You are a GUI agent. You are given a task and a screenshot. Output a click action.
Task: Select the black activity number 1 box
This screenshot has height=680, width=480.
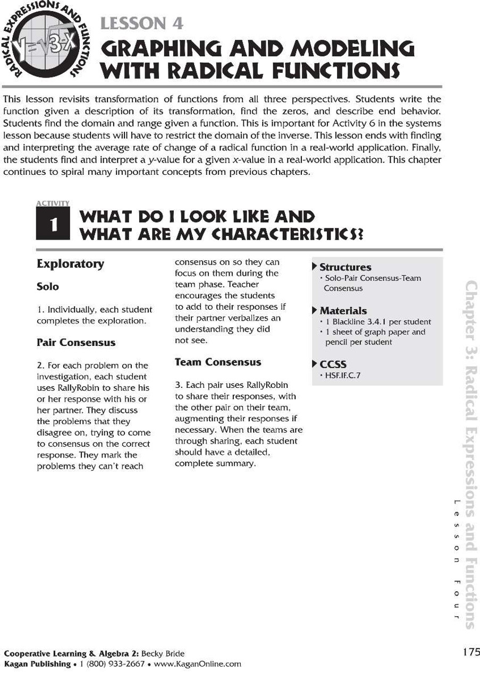[x=53, y=225]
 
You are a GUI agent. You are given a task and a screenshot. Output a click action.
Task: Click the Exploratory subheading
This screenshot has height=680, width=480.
[x=70, y=264]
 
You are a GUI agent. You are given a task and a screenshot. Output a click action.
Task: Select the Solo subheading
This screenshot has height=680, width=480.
[x=48, y=287]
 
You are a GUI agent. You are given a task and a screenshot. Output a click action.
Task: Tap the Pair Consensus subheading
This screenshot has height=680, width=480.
[x=75, y=343]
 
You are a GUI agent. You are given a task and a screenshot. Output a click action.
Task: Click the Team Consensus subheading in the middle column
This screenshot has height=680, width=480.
[x=218, y=362]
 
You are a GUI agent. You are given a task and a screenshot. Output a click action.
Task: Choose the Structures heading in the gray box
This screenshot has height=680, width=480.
[x=345, y=267]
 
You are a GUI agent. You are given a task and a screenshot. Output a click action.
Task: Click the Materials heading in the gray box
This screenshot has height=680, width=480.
[x=343, y=311]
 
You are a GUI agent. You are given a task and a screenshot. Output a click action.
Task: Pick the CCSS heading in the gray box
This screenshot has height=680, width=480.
[x=333, y=364]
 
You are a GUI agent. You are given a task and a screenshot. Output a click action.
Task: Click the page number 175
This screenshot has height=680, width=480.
[x=470, y=652]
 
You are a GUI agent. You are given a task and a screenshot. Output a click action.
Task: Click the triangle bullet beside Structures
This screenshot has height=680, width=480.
[x=315, y=266]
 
